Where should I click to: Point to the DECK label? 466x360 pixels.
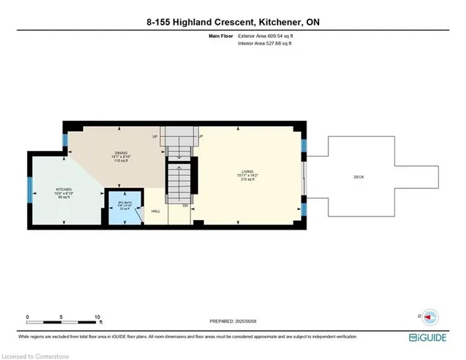coord(358,177)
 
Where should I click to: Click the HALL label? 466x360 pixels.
coord(155,211)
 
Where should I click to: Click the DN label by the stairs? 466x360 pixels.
coord(185,206)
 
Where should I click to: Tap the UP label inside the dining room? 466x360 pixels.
coord(154,136)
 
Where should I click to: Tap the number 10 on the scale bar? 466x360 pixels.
coord(98,317)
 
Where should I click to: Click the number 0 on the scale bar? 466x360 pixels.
coord(28,317)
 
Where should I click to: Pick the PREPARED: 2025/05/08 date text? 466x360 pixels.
coord(232,320)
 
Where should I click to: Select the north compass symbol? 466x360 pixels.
coord(429,316)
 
